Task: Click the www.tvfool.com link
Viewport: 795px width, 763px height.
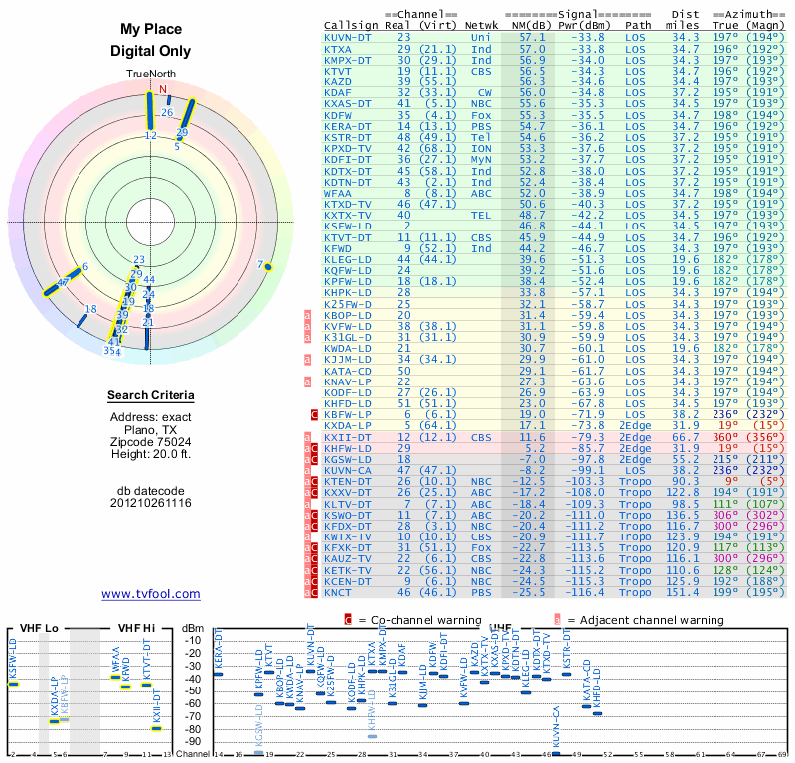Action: (x=150, y=594)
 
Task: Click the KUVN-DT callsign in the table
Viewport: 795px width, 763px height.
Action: (x=348, y=36)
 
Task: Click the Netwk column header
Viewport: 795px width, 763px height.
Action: (x=482, y=24)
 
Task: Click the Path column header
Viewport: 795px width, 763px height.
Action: (x=639, y=24)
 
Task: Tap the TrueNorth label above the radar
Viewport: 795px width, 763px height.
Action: (x=150, y=75)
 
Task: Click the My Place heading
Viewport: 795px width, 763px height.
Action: (x=150, y=30)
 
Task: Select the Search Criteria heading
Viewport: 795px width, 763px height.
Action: (x=150, y=396)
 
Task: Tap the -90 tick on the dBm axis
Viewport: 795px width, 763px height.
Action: (x=193, y=742)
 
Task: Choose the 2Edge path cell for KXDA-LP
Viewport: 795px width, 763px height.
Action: (x=638, y=425)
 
